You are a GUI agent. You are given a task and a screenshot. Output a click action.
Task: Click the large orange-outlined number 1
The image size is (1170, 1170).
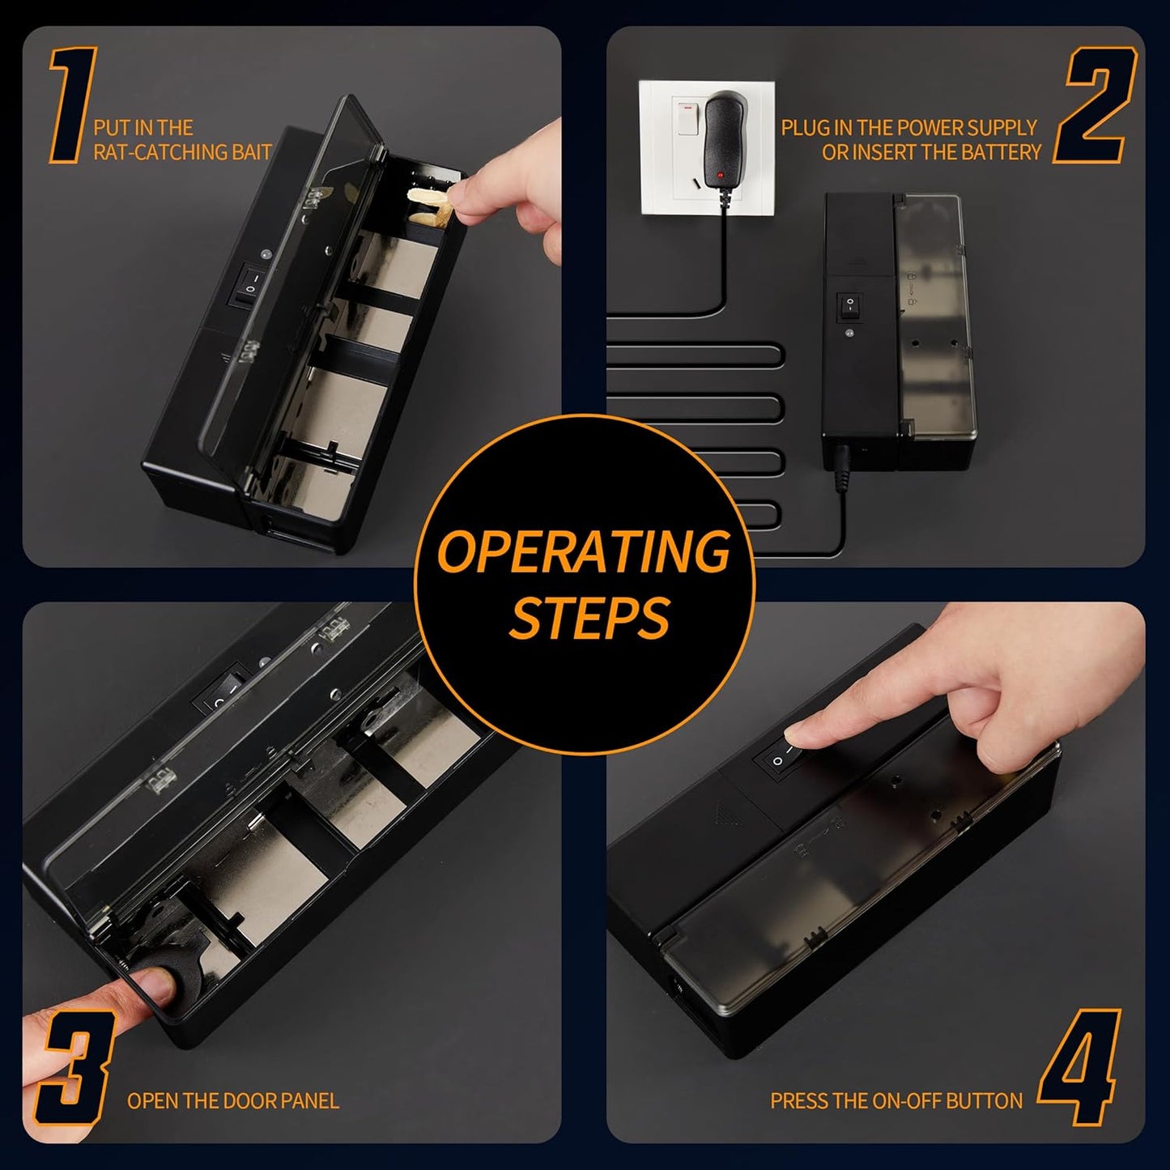73,104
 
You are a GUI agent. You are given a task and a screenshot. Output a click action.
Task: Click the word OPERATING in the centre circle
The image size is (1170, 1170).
584,551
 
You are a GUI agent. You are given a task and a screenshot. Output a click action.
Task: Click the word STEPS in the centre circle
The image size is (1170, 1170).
589,616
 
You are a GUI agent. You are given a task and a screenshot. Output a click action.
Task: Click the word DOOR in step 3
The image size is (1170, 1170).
235,1101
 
